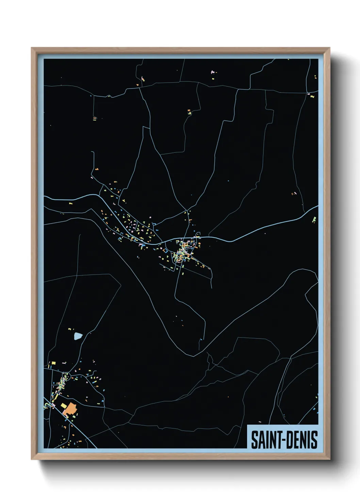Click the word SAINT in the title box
(264, 440)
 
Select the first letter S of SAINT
(254, 440)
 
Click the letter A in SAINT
(260, 440)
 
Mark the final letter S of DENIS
(314, 440)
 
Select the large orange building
(70, 408)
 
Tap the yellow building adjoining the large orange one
(63, 405)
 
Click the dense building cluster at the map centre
(184, 250)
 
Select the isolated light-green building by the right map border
(314, 220)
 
